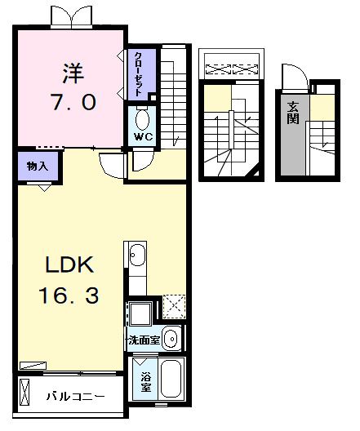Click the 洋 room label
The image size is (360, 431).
click(x=73, y=73)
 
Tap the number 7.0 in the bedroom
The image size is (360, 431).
click(x=73, y=101)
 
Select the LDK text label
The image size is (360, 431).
click(x=69, y=264)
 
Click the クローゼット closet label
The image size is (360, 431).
click(x=138, y=74)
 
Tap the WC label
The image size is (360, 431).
click(x=143, y=136)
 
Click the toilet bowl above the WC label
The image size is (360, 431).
click(x=143, y=119)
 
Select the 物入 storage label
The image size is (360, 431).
click(x=38, y=166)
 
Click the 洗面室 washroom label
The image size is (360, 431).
click(x=144, y=340)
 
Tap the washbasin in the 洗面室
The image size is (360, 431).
click(x=171, y=338)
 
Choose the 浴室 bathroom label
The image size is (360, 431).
click(x=145, y=382)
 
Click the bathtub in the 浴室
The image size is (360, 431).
click(x=171, y=379)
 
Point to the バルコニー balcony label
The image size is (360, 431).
click(x=75, y=397)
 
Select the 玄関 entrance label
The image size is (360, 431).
click(x=293, y=113)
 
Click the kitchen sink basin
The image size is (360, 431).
click(x=137, y=255)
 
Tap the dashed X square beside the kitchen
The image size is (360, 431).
click(x=174, y=306)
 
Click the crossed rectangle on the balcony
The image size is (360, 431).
click(x=24, y=392)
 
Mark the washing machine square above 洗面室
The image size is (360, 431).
click(x=140, y=313)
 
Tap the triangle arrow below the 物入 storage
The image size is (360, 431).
click(x=45, y=189)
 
